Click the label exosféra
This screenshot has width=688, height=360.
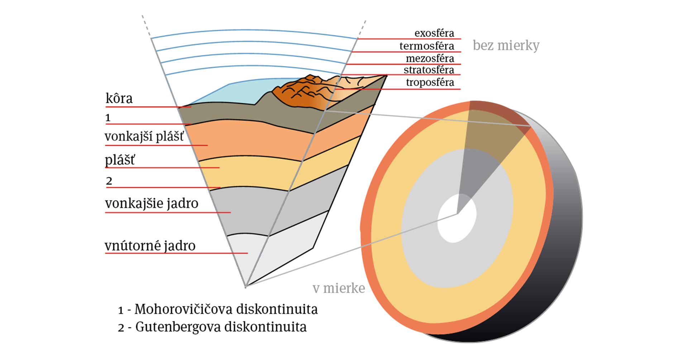coord(434,33)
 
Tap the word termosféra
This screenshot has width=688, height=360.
coord(426,46)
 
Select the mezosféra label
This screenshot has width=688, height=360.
coord(430,58)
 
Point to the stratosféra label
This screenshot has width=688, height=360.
coord(429,70)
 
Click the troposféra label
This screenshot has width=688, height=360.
coord(430,82)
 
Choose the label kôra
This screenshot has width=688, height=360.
coord(119,99)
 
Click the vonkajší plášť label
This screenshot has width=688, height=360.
coord(144,136)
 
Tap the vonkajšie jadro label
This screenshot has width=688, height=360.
coord(152,203)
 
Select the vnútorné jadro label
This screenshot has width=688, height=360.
coord(150,246)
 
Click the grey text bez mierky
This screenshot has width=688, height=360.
coord(506,45)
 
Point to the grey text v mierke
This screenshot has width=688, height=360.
coord(339,288)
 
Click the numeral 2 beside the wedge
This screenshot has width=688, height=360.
coord(109,181)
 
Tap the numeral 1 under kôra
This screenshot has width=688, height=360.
coord(108,118)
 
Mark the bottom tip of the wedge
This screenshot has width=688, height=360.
coord(245,287)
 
